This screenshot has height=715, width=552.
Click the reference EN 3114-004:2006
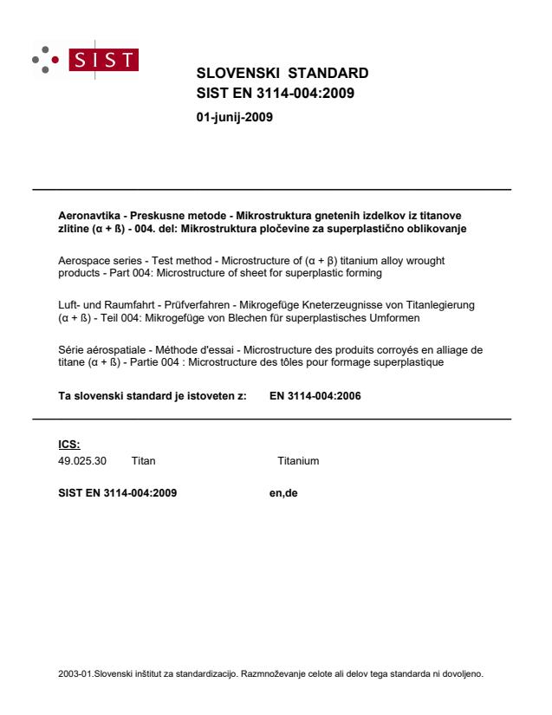pyautogui.click(x=315, y=397)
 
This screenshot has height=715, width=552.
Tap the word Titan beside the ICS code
pyautogui.click(x=144, y=461)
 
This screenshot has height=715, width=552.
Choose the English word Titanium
pyautogui.click(x=299, y=461)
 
